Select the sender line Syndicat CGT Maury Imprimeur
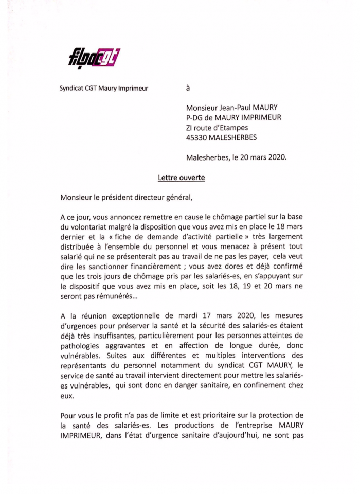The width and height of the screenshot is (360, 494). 103,88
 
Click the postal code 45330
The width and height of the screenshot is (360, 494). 199,137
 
